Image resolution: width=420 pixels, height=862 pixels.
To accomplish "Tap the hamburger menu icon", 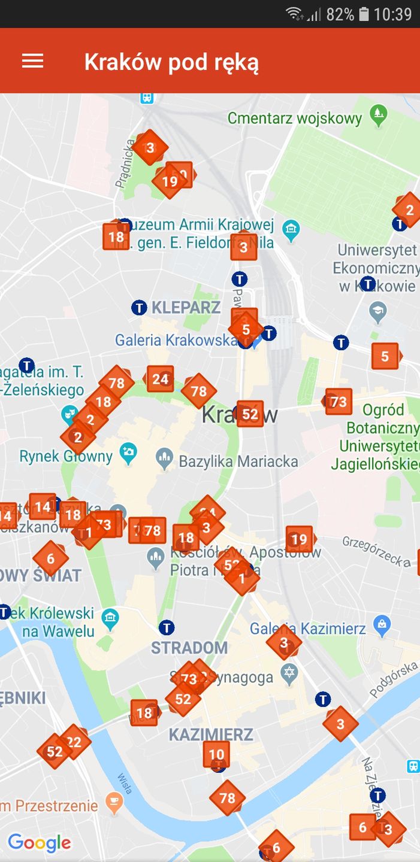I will tap(32, 61).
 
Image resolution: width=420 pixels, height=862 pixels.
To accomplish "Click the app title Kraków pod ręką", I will tap(171, 62).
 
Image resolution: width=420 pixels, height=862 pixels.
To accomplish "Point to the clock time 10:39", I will tap(392, 14).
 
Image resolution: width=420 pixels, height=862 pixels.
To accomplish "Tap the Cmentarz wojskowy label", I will tap(295, 118).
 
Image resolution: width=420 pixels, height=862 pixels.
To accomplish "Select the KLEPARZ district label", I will tap(186, 308).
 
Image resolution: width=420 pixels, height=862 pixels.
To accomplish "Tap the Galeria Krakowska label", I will tap(176, 340).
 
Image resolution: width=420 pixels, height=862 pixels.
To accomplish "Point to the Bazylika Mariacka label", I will tap(238, 461).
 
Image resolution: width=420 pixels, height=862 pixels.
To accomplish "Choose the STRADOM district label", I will tap(189, 647).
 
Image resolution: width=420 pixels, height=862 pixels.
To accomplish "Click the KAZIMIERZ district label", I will tap(211, 734).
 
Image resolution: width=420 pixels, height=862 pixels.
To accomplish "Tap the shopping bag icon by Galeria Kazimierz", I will tap(381, 626).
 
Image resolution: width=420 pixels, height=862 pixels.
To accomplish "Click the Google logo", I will tap(40, 843).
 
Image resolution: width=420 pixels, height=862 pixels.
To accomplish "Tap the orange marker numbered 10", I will tap(216, 754).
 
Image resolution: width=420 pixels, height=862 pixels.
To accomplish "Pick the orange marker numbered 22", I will tap(74, 742).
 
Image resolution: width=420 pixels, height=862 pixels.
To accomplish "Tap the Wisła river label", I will tap(125, 783).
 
